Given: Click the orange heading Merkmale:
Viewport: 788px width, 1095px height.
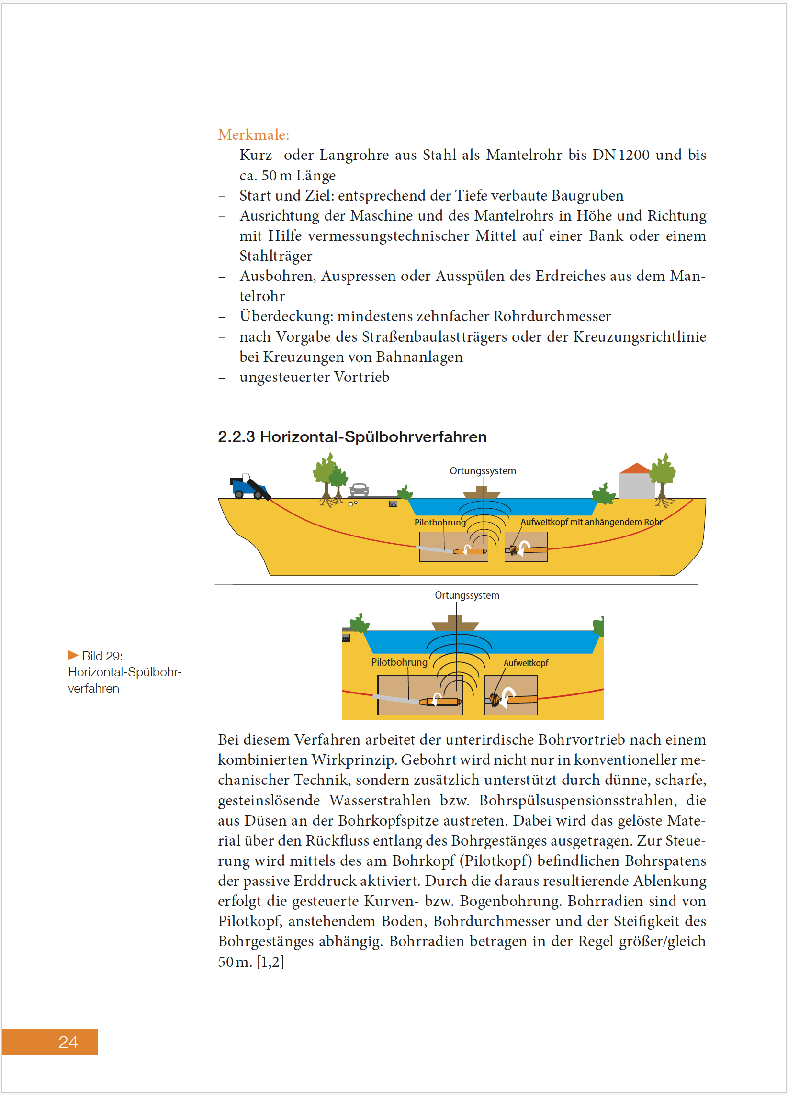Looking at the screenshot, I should tap(254, 134).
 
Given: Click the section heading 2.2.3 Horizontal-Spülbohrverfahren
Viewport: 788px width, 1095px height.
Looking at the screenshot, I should tap(351, 437).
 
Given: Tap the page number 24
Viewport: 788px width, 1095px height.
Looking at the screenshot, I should tap(68, 1042).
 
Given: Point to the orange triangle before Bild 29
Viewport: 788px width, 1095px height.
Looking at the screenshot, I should tap(73, 655).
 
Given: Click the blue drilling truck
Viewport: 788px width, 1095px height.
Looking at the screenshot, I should tap(249, 487).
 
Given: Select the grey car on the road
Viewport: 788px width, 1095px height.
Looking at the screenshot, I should tap(359, 490).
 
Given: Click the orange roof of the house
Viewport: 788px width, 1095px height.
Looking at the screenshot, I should tap(635, 469).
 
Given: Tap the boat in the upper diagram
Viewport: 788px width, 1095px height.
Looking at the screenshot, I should tap(482, 493).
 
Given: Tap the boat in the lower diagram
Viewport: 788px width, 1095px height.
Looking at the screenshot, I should tap(455, 623).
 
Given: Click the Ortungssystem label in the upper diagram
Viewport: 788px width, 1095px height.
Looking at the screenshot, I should tap(483, 471).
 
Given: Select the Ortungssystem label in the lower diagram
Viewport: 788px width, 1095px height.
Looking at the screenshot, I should tap(466, 595).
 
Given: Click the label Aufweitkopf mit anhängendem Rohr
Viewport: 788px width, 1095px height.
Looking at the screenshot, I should tap(590, 522).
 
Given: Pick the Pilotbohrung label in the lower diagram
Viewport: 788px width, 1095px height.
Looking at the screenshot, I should tap(399, 662).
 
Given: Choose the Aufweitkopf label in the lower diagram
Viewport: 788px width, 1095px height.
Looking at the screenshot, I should tap(525, 663).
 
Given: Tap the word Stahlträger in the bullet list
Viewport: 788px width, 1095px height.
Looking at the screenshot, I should tap(276, 256).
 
